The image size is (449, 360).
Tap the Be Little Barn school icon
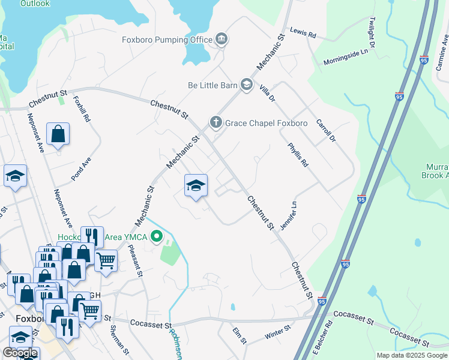(246, 85)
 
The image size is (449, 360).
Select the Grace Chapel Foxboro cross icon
(216, 123)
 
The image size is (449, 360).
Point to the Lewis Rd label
(303, 33)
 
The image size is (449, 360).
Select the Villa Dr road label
(267, 93)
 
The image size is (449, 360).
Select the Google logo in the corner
(20, 353)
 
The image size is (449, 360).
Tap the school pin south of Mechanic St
(196, 187)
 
